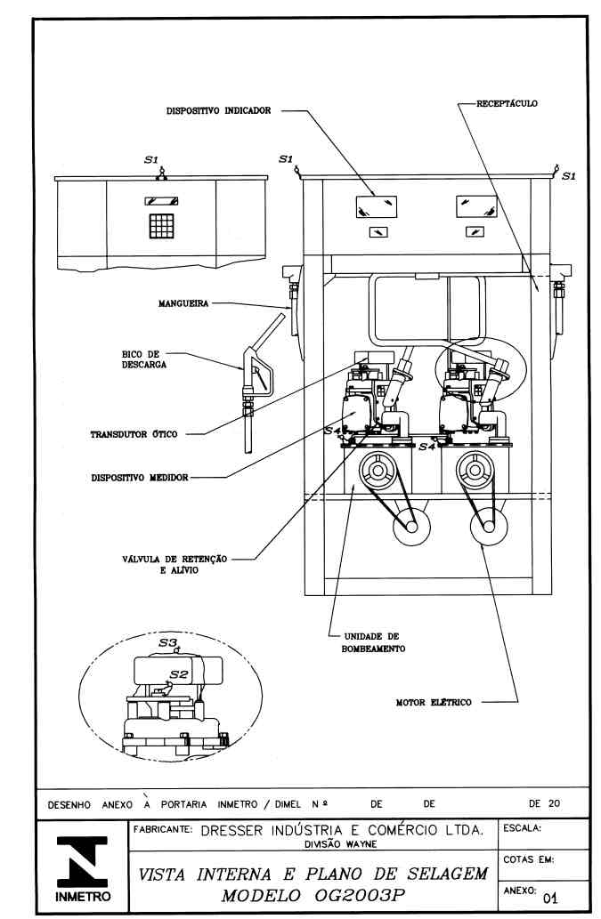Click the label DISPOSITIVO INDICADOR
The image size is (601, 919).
218,110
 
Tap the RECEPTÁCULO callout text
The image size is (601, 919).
507,104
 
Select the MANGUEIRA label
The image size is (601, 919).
183,303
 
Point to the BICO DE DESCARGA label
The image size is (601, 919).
144,359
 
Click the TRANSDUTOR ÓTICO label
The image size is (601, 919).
134,434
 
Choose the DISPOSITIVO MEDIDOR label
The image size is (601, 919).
140,478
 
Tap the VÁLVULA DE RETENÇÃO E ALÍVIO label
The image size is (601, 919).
175,564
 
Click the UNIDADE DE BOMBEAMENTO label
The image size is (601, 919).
373,642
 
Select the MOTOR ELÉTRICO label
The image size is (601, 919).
434,702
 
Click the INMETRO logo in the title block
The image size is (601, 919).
82,868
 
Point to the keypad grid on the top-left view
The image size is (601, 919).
161,226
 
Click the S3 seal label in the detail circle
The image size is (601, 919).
167,642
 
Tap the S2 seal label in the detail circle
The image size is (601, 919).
179,674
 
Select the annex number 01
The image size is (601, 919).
550,898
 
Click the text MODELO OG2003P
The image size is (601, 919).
313,896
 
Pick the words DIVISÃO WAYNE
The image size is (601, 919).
341,844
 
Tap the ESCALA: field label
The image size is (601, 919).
522,829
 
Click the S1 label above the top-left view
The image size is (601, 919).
151,159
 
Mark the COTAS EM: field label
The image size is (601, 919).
528,859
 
